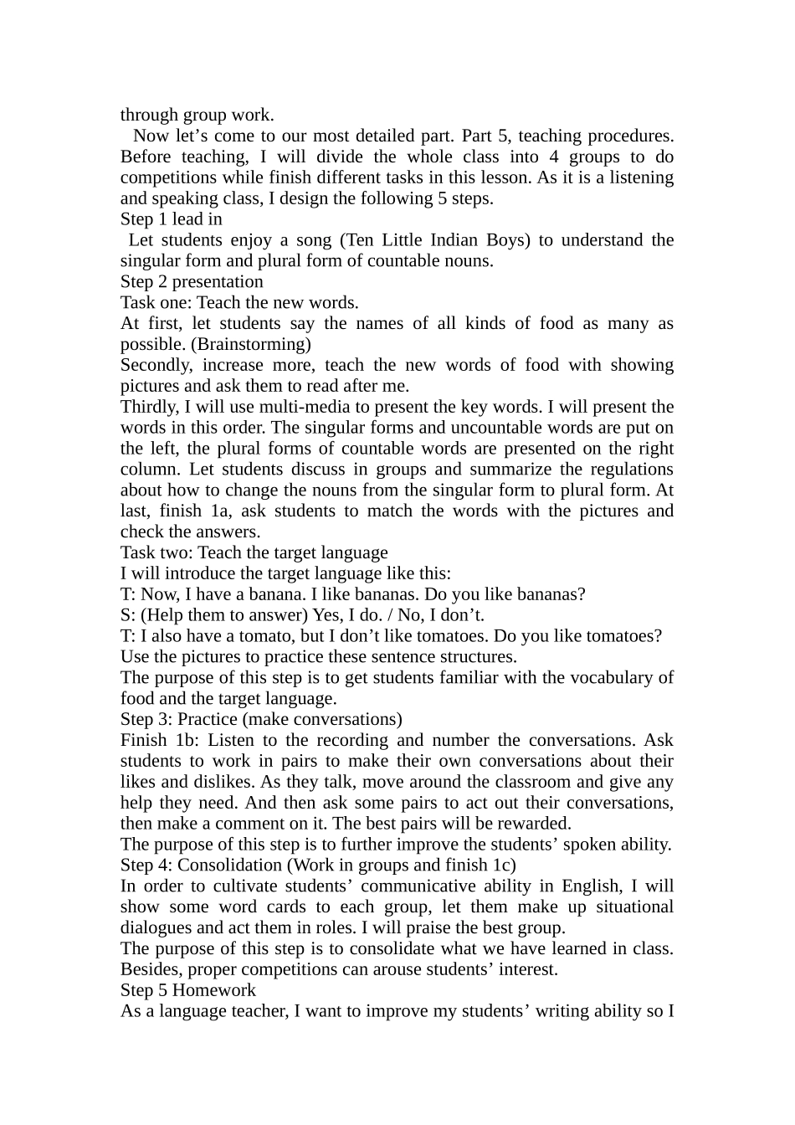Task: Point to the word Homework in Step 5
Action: click(214, 990)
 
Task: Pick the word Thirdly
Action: click(149, 407)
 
